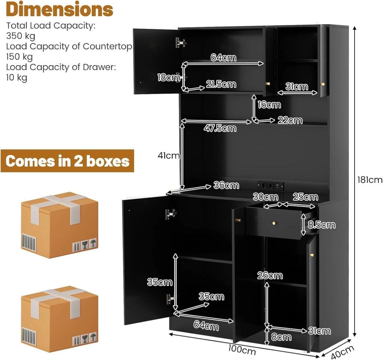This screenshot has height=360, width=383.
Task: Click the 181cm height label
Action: point(370,180)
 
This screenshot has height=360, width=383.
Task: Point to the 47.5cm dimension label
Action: point(220,128)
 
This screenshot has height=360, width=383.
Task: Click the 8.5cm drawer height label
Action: point(321,225)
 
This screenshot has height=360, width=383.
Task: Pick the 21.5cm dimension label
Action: point(221,84)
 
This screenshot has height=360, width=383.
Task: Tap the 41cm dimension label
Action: point(169,155)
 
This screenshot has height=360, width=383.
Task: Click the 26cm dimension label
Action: point(270,276)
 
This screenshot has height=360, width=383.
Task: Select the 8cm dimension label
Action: point(281,337)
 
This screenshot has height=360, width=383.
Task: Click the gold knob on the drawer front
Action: point(274,223)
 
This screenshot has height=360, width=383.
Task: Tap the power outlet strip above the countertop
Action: point(270,186)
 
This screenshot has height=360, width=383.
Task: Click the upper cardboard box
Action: point(59,225)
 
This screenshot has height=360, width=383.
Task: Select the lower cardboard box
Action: point(59,319)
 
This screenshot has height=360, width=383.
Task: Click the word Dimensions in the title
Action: point(59,10)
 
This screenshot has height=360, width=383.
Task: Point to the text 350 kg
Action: point(21,36)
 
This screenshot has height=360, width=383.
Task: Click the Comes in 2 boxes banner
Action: point(67,161)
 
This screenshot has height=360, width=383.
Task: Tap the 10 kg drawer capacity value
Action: point(16,78)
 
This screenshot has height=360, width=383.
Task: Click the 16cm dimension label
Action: point(269,105)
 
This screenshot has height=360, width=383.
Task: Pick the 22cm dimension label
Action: point(290,120)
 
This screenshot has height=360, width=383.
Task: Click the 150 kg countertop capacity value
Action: point(19,57)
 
